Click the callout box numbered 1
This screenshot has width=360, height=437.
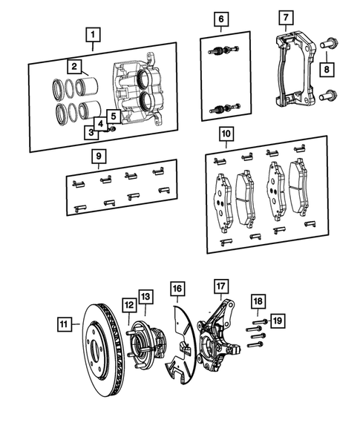click(x=92, y=34)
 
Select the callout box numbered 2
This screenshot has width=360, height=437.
click(x=75, y=67)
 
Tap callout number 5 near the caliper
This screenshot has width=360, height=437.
click(x=113, y=116)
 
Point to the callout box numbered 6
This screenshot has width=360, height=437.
click(x=220, y=18)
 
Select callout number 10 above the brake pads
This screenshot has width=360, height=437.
click(x=226, y=134)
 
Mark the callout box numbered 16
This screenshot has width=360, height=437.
click(x=176, y=288)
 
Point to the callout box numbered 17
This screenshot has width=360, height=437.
click(x=221, y=286)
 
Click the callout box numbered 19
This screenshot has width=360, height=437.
click(x=278, y=321)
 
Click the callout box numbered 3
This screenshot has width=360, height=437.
click(x=90, y=132)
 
